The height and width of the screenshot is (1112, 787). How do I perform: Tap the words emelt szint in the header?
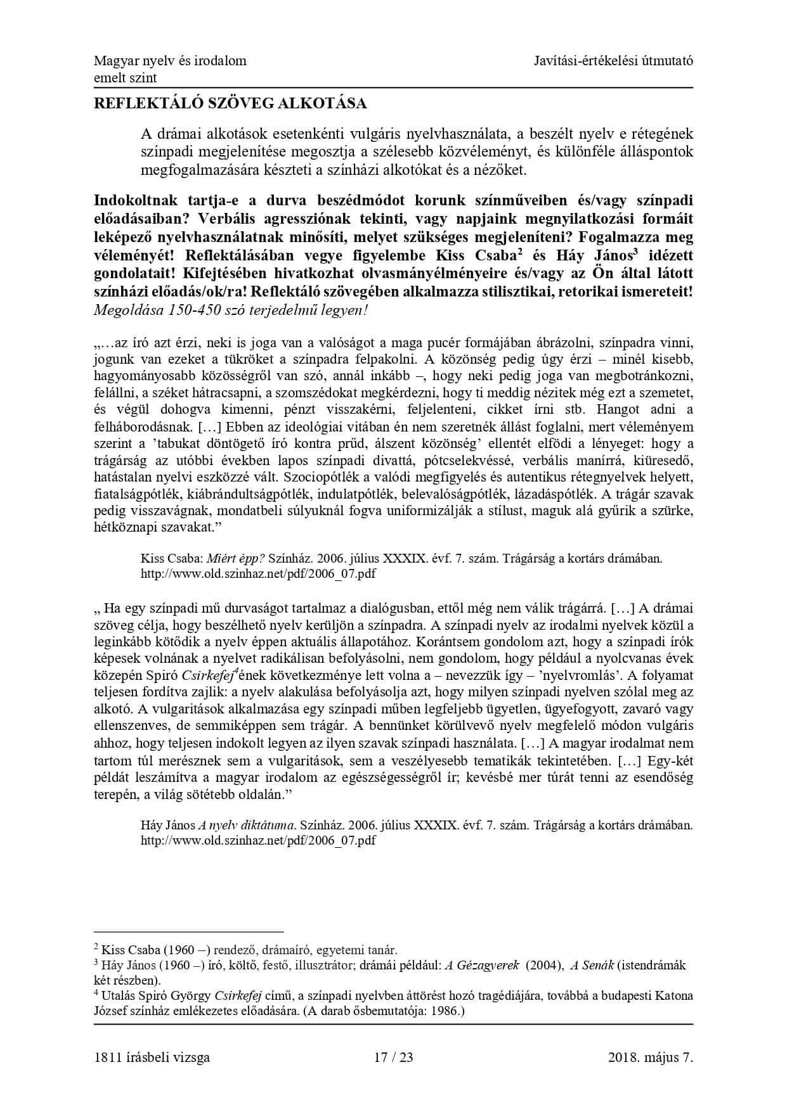[x=125, y=78]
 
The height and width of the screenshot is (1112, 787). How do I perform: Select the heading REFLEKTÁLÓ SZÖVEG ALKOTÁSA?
[x=230, y=103]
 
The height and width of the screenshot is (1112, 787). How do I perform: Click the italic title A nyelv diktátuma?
[x=247, y=826]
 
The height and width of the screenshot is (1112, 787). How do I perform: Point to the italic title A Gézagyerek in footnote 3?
[x=481, y=966]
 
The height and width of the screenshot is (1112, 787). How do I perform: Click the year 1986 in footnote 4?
[x=445, y=1011]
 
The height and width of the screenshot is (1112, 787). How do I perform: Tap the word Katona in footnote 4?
[x=674, y=996]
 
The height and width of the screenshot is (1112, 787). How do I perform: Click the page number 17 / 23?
[x=393, y=1057]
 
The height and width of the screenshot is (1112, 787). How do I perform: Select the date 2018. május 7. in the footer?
[x=650, y=1057]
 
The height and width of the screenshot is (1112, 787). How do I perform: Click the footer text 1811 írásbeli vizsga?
[x=152, y=1057]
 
